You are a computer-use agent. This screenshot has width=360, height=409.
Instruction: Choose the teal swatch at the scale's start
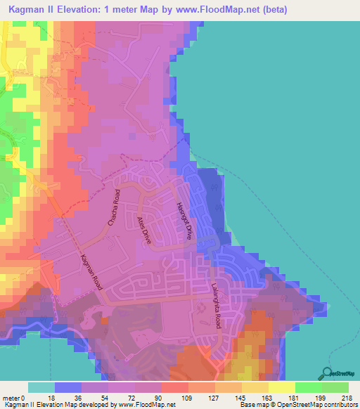pos(41,387)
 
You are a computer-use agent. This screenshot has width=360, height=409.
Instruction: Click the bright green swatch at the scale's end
pos(335,387)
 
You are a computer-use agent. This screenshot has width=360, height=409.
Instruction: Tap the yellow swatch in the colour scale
pos(282,387)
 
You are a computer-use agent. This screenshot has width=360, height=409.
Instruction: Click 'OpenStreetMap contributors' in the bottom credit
pos(320,405)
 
